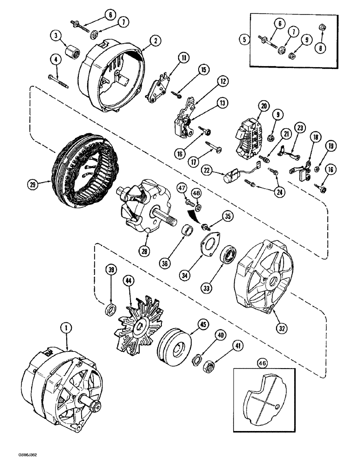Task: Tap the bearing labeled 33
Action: (229, 255)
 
